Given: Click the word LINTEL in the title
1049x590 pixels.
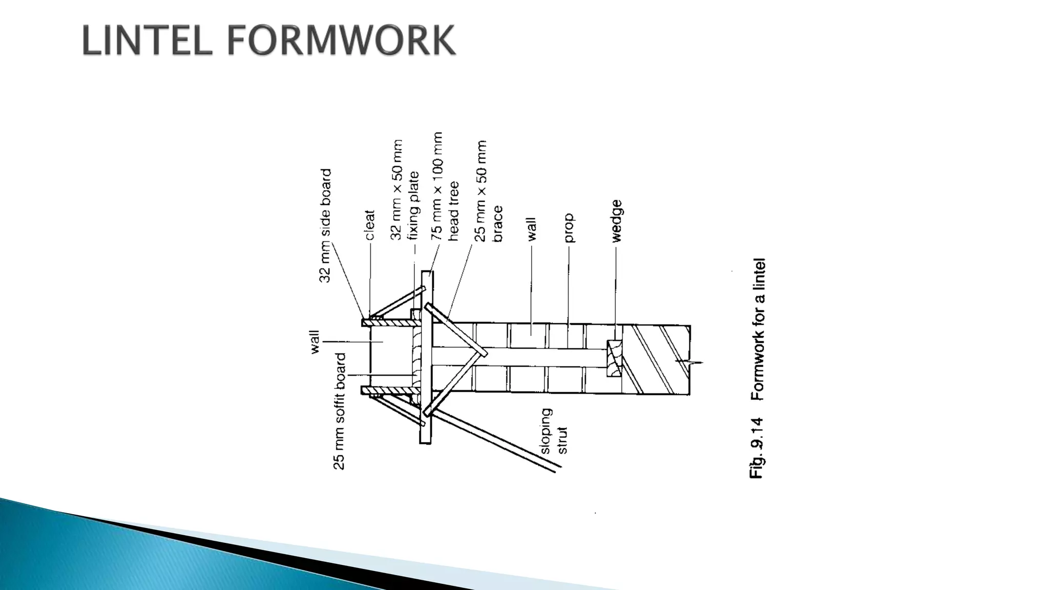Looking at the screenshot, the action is [x=147, y=40].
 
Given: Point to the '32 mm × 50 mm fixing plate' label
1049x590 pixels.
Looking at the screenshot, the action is [x=405, y=190].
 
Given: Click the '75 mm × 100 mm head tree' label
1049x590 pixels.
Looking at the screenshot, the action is [x=445, y=186].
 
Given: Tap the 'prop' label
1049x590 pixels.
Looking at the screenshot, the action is [x=569, y=228].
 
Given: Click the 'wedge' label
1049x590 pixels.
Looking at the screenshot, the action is [x=616, y=221].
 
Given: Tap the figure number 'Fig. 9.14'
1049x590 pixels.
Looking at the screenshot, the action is [x=758, y=448].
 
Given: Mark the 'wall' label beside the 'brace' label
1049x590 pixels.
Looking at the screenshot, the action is [x=531, y=229].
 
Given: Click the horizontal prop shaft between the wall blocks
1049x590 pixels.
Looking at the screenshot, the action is [x=543, y=357].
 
